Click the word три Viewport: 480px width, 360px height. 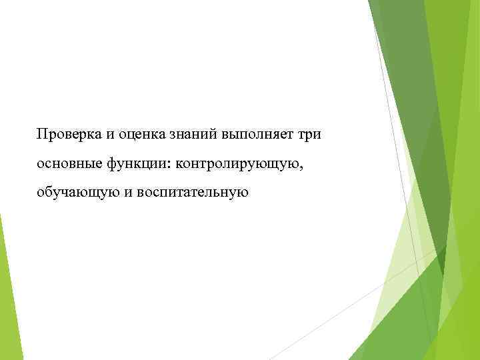pos(309,134)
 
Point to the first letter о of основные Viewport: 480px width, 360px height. pos(41,164)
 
